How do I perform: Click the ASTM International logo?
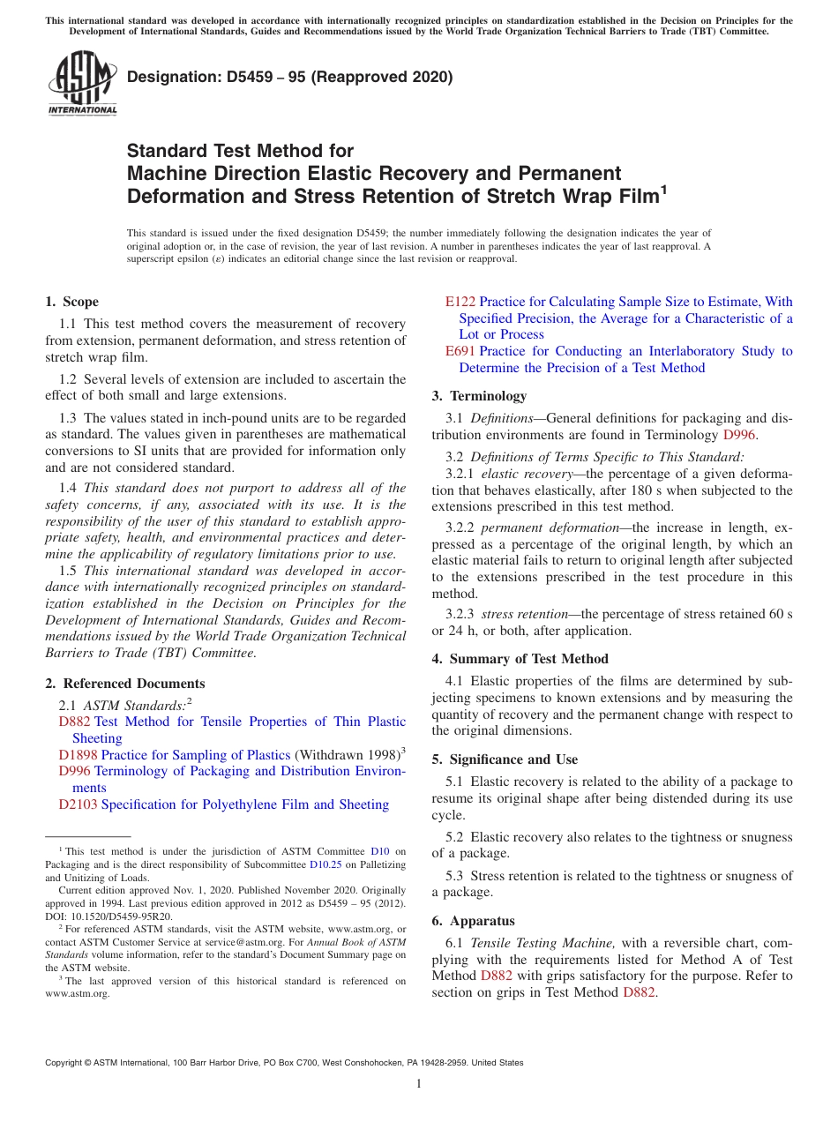82,84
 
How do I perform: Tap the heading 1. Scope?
71,302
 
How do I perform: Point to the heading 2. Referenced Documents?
124,684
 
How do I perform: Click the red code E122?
460,302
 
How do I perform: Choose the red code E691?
460,351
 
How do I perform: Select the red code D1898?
78,755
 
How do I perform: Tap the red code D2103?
78,804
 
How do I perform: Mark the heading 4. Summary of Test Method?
520,659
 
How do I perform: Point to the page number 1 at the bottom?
419,1083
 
